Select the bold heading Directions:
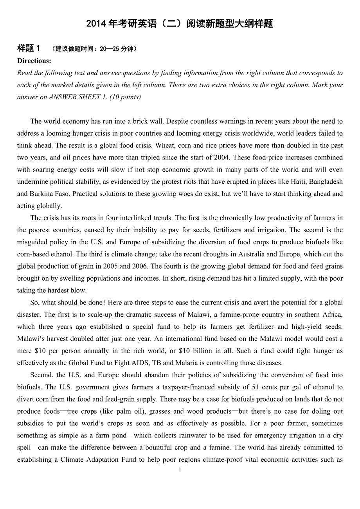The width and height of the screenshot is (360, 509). (x=34, y=61)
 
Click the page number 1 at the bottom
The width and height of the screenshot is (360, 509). (x=180, y=470)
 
